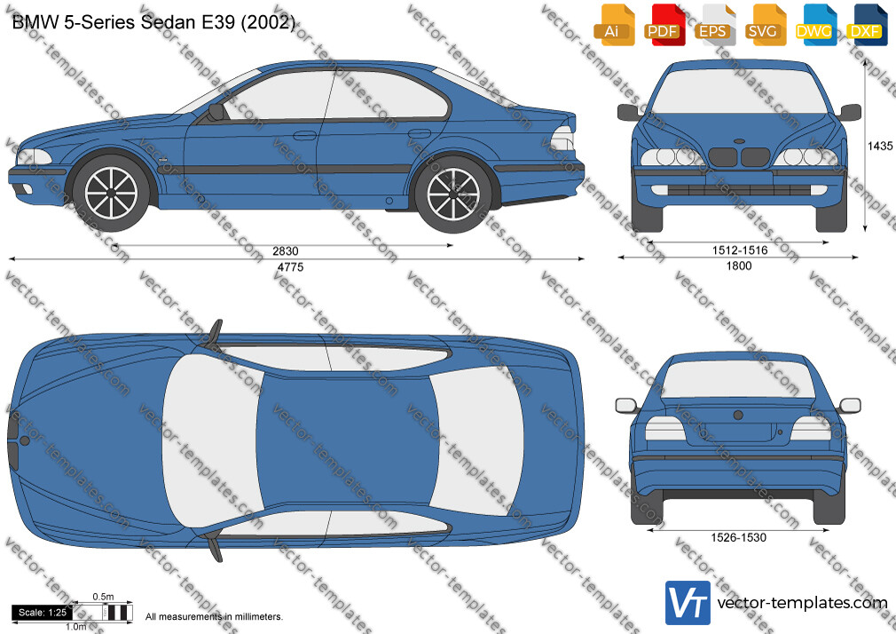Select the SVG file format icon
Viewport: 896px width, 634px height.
pyautogui.click(x=764, y=25)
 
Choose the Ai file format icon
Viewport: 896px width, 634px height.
pyautogui.click(x=613, y=25)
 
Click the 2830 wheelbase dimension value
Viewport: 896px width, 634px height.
pyautogui.click(x=285, y=251)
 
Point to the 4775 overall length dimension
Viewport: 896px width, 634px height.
pyautogui.click(x=290, y=267)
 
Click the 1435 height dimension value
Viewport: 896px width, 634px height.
pyautogui.click(x=880, y=146)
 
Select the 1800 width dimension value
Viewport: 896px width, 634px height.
pyautogui.click(x=739, y=265)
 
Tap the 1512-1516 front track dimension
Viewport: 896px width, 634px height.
pyautogui.click(x=740, y=250)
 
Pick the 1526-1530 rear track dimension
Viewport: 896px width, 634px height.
pyautogui.click(x=738, y=537)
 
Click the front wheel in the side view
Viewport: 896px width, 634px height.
pyautogui.click(x=111, y=193)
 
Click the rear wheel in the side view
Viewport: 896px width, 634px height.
pyautogui.click(x=453, y=194)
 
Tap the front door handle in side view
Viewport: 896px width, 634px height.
pyautogui.click(x=304, y=136)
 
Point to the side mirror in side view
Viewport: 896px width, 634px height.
pyautogui.click(x=216, y=112)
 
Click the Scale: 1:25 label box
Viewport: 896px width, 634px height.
pyautogui.click(x=43, y=613)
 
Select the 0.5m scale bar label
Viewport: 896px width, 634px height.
pyautogui.click(x=104, y=597)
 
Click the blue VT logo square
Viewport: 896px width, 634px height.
pyautogui.click(x=688, y=603)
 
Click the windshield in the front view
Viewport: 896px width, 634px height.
pyautogui.click(x=740, y=91)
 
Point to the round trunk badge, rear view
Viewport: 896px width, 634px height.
pyautogui.click(x=738, y=416)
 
